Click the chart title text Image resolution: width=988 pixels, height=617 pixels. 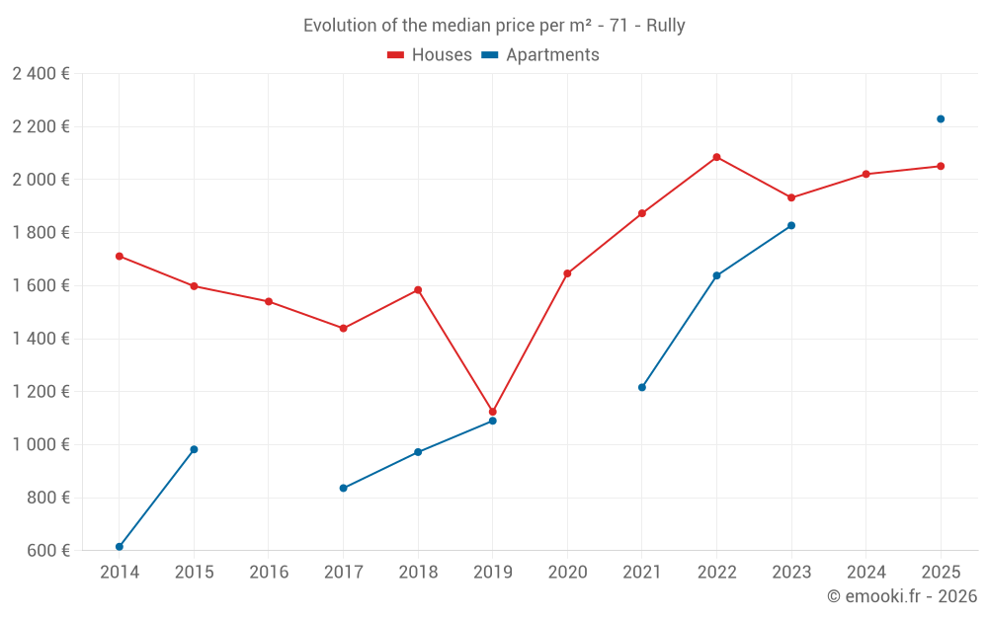494,26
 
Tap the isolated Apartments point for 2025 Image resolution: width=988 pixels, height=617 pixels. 941,118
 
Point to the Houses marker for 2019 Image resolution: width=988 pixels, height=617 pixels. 493,412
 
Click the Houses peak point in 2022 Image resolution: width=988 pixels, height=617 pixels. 716,157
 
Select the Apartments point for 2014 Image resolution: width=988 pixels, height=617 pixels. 120,547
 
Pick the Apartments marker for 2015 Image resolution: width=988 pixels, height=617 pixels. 194,449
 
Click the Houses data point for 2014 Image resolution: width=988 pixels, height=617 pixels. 120,256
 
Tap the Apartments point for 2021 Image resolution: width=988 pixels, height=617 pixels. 642,387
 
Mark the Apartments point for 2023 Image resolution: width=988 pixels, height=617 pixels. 791,225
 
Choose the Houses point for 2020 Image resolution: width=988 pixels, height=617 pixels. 567,273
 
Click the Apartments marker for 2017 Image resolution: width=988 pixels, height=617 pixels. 343,488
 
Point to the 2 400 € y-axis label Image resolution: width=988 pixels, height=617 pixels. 41,73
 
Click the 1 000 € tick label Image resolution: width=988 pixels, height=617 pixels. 41,444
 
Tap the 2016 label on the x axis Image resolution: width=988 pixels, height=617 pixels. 269,573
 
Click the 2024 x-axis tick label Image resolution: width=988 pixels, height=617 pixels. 865,573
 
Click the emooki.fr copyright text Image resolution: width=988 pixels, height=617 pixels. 901,596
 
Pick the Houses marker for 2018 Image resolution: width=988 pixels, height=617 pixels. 418,290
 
